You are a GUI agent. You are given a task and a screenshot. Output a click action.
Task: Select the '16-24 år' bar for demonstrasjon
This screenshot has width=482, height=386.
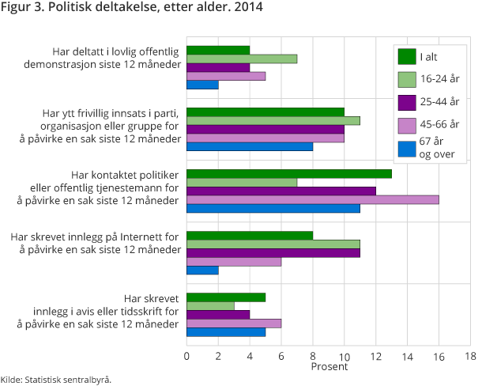tap(242, 59)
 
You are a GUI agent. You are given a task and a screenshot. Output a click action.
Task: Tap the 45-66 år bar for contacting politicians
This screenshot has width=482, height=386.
tap(312, 199)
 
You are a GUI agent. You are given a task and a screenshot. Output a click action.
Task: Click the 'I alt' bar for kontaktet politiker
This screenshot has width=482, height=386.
tap(289, 173)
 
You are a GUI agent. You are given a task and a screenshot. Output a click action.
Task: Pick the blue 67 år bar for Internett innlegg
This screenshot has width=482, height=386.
tap(202, 270)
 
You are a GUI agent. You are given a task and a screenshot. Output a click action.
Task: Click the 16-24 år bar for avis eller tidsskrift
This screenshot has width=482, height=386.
tap(210, 305)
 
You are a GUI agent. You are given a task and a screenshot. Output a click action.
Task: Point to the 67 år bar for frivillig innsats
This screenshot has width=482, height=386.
tap(250, 146)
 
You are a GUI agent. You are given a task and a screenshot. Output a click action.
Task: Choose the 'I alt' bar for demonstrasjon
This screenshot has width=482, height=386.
tap(218, 50)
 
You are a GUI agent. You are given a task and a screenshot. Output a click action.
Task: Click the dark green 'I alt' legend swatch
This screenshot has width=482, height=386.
tap(407, 57)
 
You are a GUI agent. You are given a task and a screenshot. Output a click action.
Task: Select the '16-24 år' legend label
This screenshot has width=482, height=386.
tap(439, 80)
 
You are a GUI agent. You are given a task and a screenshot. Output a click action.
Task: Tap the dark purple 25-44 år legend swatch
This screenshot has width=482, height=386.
tap(407, 102)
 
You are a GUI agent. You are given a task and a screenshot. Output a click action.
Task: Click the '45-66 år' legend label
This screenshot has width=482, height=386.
tap(439, 125)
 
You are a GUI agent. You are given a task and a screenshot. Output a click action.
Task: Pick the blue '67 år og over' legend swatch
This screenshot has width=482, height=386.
tap(407, 148)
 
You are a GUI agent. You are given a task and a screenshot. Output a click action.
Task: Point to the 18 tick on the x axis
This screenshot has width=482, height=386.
tap(470, 356)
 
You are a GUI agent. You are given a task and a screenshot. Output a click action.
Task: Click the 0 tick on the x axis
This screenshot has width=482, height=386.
tap(186, 356)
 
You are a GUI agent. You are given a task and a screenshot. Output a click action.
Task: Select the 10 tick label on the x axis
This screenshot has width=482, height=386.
tap(345, 356)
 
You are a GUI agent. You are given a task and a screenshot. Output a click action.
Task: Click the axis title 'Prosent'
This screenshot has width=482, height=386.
tap(329, 367)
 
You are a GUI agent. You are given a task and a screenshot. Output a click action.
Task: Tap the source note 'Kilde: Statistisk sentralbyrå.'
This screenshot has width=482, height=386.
tap(56, 379)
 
